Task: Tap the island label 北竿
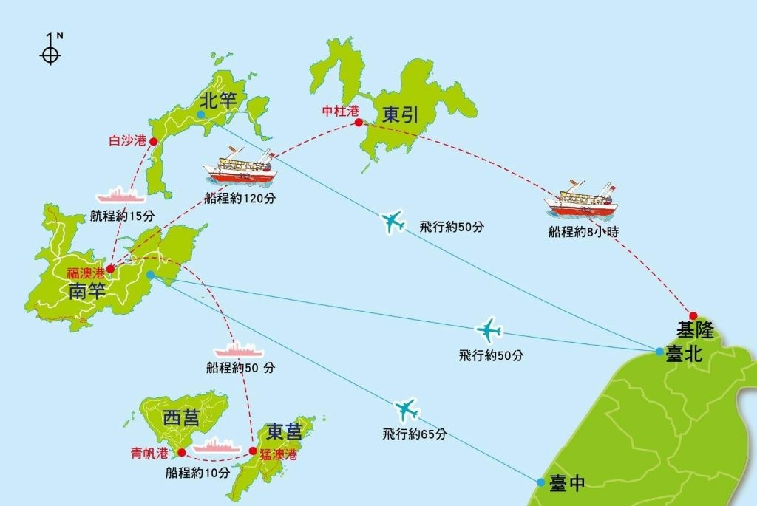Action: coord(218,100)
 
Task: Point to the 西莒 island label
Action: coord(181,419)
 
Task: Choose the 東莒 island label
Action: coord(285,431)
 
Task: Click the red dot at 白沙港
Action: coord(153,141)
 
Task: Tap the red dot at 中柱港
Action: coord(359,123)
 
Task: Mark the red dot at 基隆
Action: coord(693,315)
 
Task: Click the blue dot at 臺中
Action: coord(541,482)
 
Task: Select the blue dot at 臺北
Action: coord(659,352)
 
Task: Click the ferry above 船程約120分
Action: coord(239,166)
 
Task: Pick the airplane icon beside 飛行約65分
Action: coord(406,408)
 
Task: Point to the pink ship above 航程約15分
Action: coord(121,195)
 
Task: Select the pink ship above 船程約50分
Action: coord(238,349)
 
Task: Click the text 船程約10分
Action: coord(198,473)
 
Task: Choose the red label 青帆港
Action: coord(149,453)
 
